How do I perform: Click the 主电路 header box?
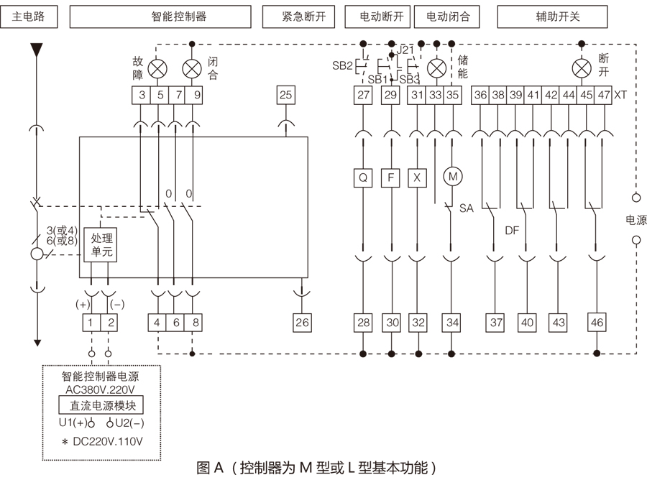pyautogui.click(x=29, y=17)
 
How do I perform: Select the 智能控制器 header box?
pyautogui.click(x=178, y=17)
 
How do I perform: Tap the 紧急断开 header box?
pyautogui.click(x=299, y=17)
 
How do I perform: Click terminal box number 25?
pyautogui.click(x=285, y=94)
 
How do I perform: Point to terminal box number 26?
pyautogui.click(x=302, y=323)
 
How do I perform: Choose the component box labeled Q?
pyautogui.click(x=364, y=177)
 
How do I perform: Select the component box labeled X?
pyautogui.click(x=417, y=177)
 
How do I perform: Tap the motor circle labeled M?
pyautogui.click(x=452, y=176)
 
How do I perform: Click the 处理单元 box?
pyautogui.click(x=100, y=245)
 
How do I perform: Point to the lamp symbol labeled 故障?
pyautogui.click(x=158, y=68)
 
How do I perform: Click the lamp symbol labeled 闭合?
pyautogui.click(x=192, y=68)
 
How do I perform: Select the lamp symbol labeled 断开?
pyautogui.click(x=581, y=68)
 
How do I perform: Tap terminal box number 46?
pyautogui.click(x=597, y=323)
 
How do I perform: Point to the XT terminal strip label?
pyautogui.click(x=621, y=94)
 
